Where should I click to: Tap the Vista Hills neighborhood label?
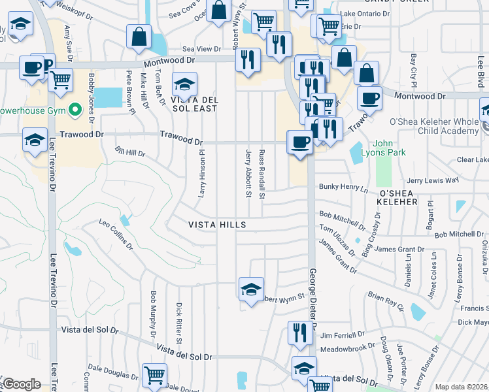point(217,225)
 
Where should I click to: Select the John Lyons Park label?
point(389,148)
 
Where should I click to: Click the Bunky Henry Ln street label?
point(344,187)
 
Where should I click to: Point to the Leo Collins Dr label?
point(115,235)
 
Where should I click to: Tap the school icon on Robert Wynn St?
point(251,291)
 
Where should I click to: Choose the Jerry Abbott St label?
point(248,173)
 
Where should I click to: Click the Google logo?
point(22,384)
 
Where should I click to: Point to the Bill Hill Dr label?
point(130,152)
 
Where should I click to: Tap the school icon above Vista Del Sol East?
point(184,84)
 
